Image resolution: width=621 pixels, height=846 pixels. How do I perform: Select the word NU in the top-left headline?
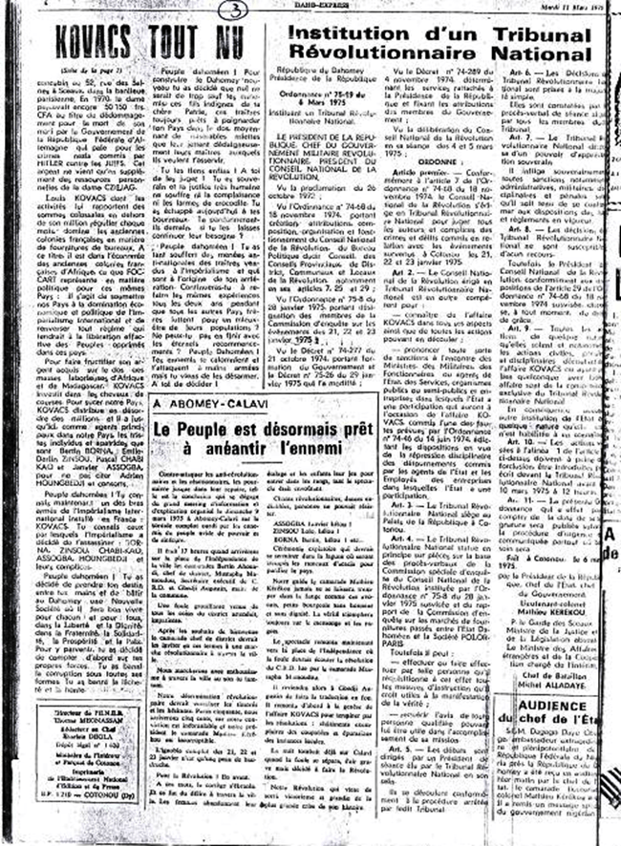[x=221, y=42]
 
